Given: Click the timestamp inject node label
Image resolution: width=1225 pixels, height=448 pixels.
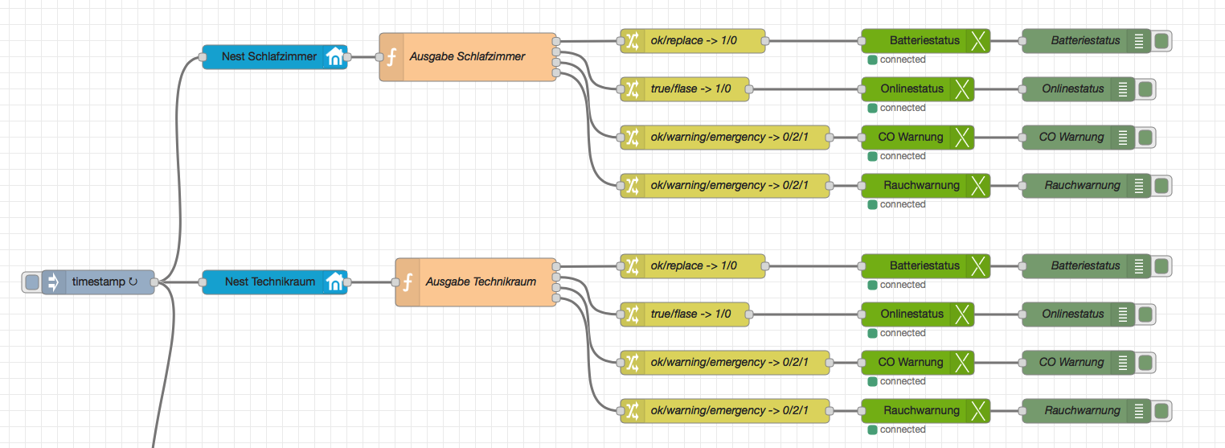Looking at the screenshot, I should coord(98,282).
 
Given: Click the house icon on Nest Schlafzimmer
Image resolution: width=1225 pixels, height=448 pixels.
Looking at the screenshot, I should coord(334,57).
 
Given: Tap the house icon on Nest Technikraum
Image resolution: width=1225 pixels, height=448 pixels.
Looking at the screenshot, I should coord(334,282).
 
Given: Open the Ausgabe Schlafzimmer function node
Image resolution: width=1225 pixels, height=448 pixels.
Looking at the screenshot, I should coord(467,57).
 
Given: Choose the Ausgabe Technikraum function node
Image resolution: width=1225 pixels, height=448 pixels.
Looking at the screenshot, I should coord(480,282).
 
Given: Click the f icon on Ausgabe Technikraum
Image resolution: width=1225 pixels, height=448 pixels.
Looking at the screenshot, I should coord(408,282).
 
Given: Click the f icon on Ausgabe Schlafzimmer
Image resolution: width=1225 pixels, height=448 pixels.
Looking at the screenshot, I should coord(391,57).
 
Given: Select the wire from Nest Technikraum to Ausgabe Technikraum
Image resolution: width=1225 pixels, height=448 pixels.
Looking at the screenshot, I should coord(371,282).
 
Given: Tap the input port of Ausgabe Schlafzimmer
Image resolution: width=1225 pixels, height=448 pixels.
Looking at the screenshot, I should coord(379,57).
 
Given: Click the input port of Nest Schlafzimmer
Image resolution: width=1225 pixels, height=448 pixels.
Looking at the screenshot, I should coord(203,57).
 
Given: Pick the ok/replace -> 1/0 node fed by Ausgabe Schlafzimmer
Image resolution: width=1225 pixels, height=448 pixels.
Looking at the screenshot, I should coord(693,40).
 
